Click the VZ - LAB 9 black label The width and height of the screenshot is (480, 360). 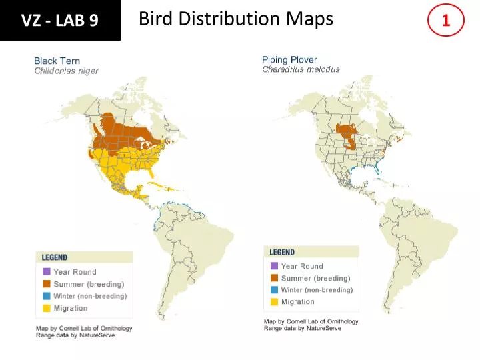pos(60,21)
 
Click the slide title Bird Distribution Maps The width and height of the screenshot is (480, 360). pos(236,19)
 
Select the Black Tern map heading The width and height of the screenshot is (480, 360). pos(57,61)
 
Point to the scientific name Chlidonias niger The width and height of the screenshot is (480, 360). pos(66,71)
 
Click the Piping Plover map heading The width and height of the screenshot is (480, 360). pos(289,60)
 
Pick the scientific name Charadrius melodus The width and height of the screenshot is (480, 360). pos(301,69)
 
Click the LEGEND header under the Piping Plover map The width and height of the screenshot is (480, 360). pos(283,252)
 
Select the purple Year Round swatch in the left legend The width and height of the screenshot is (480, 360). pos(47,272)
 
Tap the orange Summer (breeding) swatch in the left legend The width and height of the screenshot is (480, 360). pos(47,284)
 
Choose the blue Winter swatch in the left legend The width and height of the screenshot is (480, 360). pos(47,296)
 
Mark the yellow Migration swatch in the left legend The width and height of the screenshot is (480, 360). pos(47,308)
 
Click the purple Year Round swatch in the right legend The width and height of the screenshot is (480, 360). pos(275,266)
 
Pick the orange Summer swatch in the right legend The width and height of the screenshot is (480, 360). pos(275,278)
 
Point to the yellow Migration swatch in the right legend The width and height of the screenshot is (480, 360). pos(275,302)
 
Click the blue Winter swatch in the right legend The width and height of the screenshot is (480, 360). pos(275,290)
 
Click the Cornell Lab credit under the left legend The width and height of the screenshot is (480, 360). pos(84,328)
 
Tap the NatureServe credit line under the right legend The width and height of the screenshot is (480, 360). pos(302,329)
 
